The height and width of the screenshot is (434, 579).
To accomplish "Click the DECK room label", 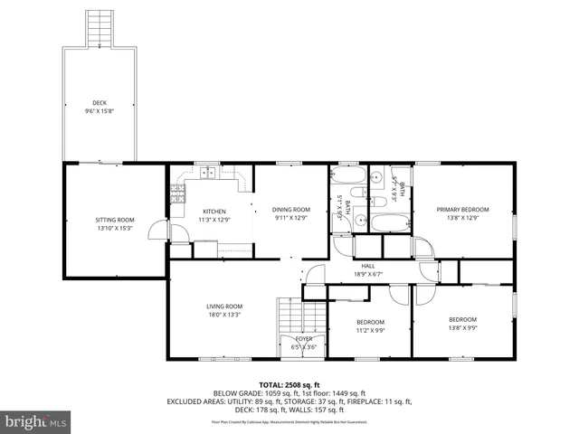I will click(x=100, y=103).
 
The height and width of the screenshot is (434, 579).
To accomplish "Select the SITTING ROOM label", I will click(x=115, y=220).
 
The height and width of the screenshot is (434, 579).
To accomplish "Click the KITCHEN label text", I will click(x=214, y=211).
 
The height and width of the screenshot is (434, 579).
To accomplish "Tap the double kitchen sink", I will click(x=209, y=172).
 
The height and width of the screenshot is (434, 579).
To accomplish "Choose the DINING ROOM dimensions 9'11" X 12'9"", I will click(x=291, y=218).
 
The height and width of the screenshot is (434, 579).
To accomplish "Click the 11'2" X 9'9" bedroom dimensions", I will click(x=369, y=330).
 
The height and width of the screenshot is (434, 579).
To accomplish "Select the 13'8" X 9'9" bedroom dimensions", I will click(x=462, y=327).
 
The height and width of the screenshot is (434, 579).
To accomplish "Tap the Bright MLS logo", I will click(x=36, y=421).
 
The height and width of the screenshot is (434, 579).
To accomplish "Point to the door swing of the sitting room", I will click(x=159, y=231).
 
